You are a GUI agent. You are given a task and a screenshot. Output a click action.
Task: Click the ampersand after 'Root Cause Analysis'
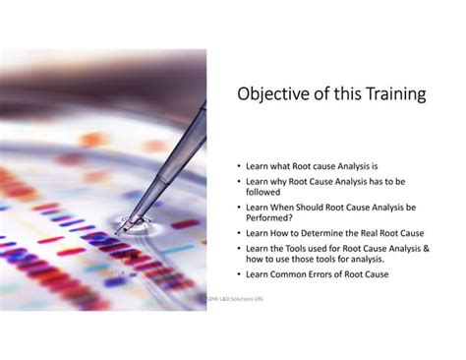pyautogui.click(x=426, y=248)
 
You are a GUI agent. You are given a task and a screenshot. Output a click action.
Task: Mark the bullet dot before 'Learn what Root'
pyautogui.click(x=239, y=168)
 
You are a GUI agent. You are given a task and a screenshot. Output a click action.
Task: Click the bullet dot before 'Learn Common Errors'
pyautogui.click(x=239, y=274)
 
